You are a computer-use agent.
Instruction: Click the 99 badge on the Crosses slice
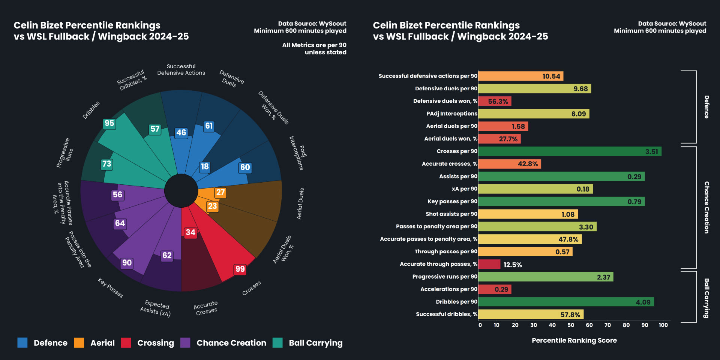coord(240,269)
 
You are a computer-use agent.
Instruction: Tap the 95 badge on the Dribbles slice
coord(109,123)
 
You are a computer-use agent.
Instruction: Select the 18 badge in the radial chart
coord(205,166)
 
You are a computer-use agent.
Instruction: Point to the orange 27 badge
coord(220,192)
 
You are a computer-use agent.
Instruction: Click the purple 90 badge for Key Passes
coord(127,263)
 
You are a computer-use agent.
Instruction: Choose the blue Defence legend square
coord(22,343)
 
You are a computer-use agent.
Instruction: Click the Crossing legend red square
coord(126,343)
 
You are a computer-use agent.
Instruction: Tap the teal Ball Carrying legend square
coord(277,343)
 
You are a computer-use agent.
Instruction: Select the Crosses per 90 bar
coord(570,151)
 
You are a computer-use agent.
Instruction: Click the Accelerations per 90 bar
coord(495,289)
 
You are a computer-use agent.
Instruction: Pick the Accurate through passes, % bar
coord(489,264)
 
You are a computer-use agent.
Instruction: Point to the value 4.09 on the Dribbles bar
coord(643,302)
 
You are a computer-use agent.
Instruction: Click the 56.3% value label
coord(498,102)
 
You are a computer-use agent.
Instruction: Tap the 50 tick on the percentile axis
coord(571,325)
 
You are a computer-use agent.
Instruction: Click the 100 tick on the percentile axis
coord(663,325)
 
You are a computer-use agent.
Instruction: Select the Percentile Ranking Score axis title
coord(574,340)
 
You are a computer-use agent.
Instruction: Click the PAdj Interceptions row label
coord(451,114)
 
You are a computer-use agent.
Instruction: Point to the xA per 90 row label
coord(464,189)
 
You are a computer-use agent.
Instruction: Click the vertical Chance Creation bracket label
coord(706,207)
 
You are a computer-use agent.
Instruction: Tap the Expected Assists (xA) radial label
coord(156,309)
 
